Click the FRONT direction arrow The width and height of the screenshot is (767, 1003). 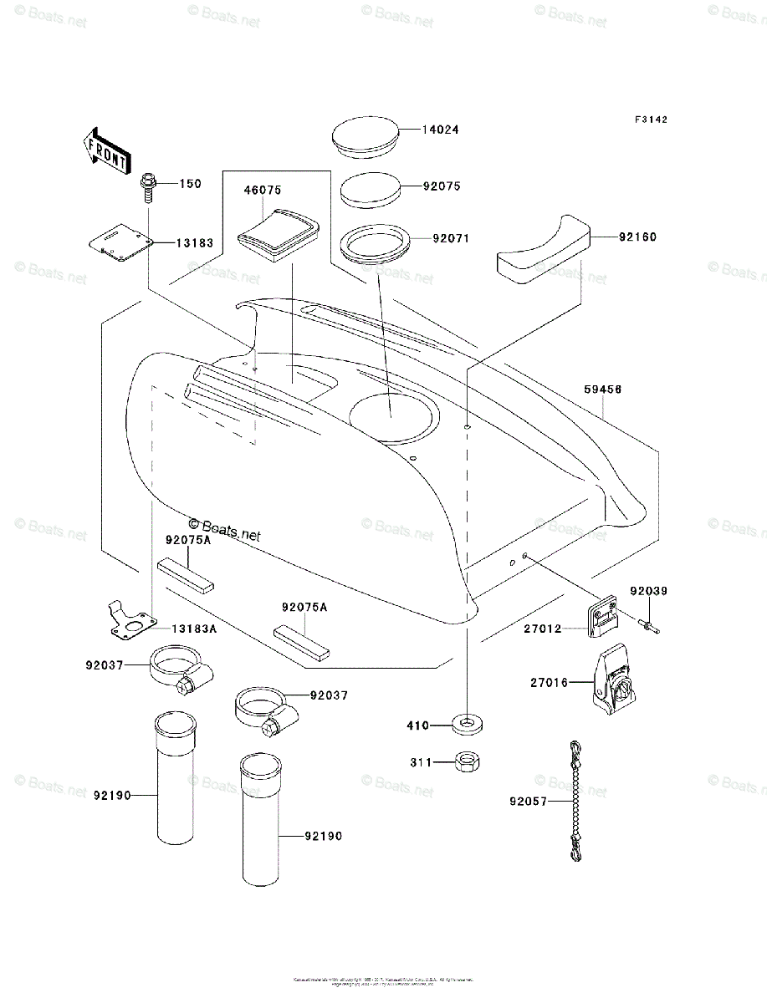tap(106, 150)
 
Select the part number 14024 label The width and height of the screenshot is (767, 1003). tap(440, 130)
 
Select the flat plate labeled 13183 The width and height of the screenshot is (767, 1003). tap(120, 240)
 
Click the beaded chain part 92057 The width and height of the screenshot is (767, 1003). tap(575, 800)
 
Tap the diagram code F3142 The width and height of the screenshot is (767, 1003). tap(650, 120)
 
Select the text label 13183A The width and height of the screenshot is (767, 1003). tap(195, 629)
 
